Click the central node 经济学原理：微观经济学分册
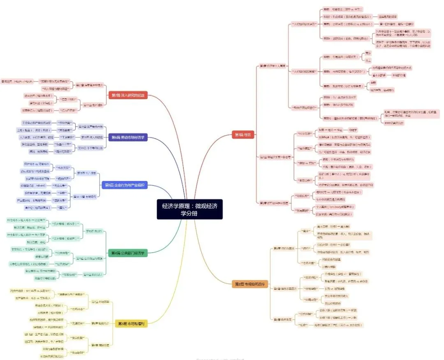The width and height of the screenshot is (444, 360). [190, 209]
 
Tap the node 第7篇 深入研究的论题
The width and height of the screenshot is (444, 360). [128, 95]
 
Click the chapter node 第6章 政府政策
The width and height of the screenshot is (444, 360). [282, 319]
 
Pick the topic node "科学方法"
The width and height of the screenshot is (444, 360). [305, 134]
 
